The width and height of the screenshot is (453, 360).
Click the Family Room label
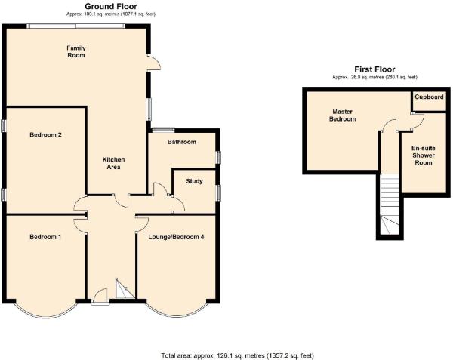coord(76,51)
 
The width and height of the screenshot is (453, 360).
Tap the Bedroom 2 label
coord(45,135)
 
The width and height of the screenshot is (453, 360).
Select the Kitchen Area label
coord(113,163)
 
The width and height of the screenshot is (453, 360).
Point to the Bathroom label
coord(182,142)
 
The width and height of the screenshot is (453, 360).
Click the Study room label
coord(194,181)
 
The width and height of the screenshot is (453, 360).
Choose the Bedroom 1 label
coord(45,237)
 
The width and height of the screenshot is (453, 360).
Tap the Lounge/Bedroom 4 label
coord(176,237)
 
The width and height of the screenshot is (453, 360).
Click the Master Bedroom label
coord(342,115)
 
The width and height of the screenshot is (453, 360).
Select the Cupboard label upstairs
coord(429,97)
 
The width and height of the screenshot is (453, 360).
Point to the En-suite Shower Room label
coord(424,155)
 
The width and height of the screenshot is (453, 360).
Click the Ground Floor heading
coord(111,6)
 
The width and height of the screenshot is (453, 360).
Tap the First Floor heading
coord(374,69)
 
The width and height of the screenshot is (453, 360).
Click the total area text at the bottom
coord(237,355)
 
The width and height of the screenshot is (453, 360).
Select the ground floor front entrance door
coord(100,297)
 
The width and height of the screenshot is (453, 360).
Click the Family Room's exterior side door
coord(153,63)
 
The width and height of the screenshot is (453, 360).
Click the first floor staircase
coord(390,204)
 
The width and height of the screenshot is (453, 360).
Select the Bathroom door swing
coord(160,189)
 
